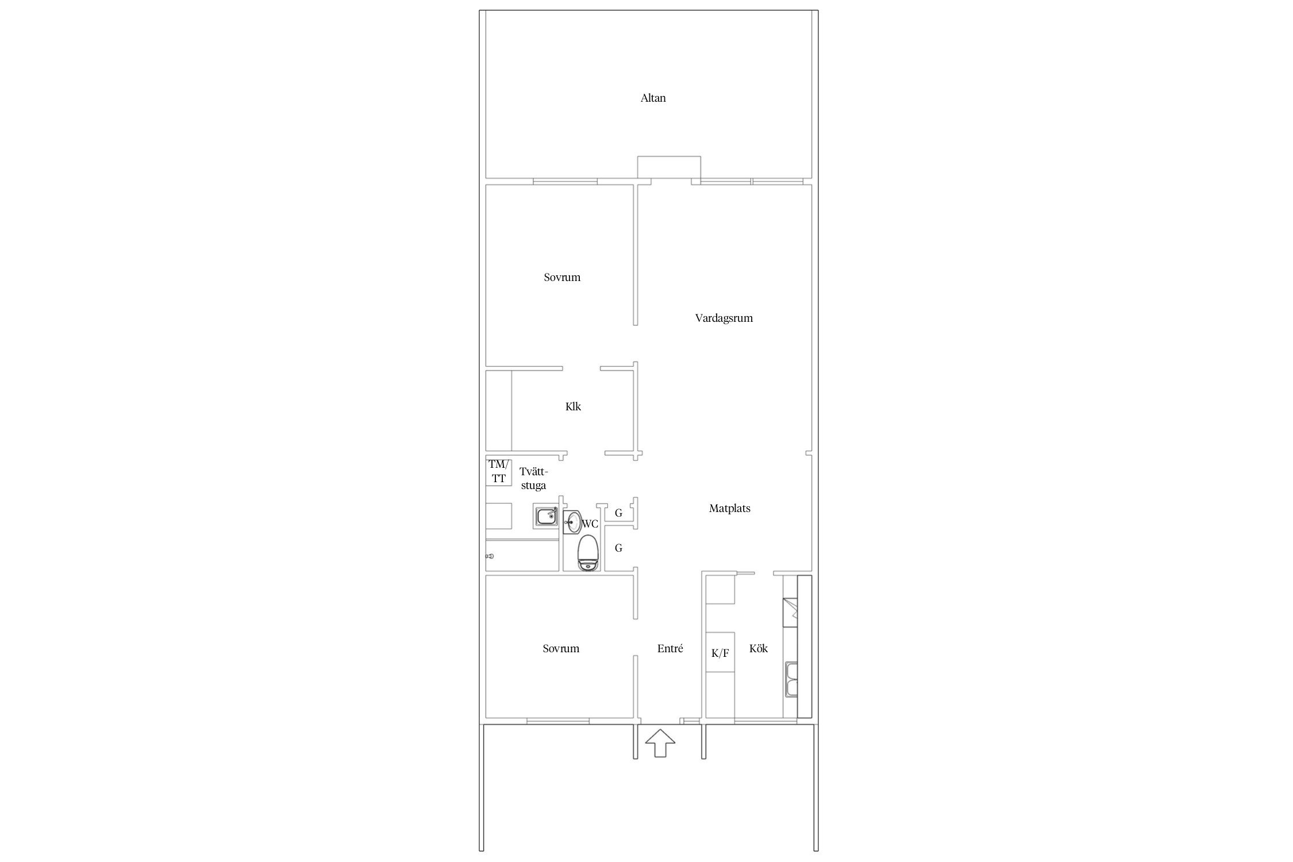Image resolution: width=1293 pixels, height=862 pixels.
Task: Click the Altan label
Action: (x=653, y=98)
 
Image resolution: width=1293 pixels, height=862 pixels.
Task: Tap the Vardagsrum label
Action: (x=724, y=318)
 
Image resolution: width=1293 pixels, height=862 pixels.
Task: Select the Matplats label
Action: (x=729, y=509)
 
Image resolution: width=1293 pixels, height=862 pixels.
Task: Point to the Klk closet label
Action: (x=573, y=407)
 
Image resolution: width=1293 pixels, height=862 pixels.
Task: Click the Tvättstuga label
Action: (x=533, y=479)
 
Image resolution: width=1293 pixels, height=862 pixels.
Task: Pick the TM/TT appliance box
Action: (x=499, y=471)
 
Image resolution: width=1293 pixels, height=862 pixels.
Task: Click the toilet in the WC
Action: (x=587, y=553)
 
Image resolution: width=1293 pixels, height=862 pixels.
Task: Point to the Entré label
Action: (x=670, y=649)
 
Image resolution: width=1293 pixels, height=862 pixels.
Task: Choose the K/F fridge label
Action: (x=720, y=653)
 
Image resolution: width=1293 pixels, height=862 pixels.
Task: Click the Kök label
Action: (x=759, y=649)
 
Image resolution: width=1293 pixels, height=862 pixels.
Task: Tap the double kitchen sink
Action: (x=791, y=679)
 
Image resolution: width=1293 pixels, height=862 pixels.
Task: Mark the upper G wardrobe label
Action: (x=619, y=513)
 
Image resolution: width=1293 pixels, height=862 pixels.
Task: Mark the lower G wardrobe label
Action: (x=619, y=548)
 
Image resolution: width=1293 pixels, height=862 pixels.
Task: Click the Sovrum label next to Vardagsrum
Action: (x=562, y=278)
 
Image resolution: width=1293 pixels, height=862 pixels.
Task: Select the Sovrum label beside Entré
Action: (x=561, y=649)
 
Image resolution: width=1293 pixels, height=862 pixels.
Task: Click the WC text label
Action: (x=591, y=524)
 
